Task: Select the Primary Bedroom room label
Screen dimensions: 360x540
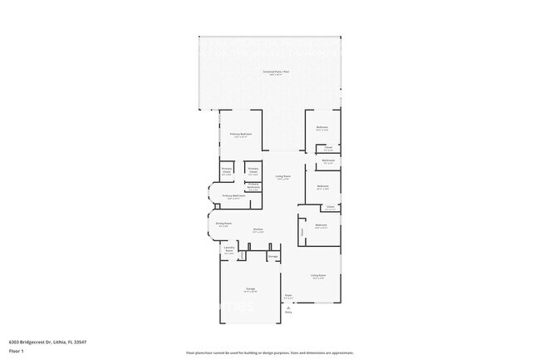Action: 241,134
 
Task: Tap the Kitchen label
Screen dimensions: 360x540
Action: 258,229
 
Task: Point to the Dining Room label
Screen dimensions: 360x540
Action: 223,223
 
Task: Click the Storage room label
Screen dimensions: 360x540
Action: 272,256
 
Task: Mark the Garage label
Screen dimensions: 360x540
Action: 249,288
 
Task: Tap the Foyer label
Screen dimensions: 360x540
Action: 288,294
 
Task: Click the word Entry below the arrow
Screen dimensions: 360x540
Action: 288,313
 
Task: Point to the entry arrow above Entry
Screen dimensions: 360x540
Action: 288,308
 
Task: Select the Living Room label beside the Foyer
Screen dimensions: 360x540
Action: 317,275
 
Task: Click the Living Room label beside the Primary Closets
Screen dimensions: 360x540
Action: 282,176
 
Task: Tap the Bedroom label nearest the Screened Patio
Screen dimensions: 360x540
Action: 322,127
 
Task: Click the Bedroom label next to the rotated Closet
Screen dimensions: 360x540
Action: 322,224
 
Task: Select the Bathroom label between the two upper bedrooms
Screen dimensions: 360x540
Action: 327,160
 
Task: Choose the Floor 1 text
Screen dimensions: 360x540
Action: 17,351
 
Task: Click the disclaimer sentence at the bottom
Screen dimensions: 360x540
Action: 270,353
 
